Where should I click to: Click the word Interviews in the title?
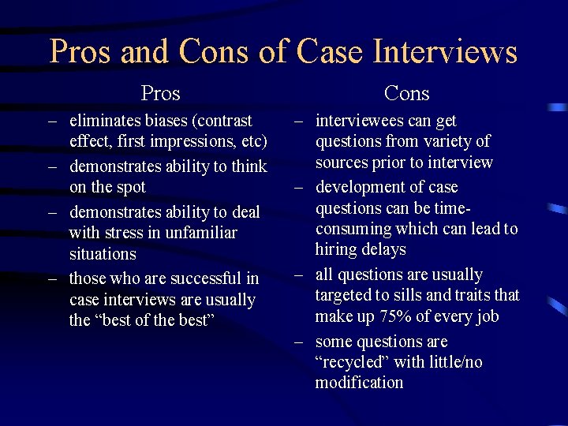coord(445,52)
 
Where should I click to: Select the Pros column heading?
coord(160,94)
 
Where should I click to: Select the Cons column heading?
coord(406,94)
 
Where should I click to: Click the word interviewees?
coord(360,121)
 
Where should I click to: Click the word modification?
coord(359,383)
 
